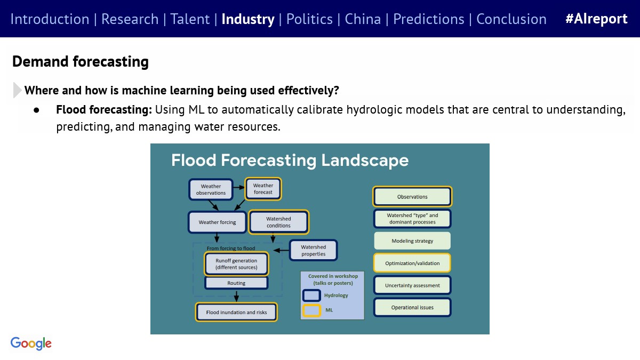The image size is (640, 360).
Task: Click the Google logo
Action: coord(31,343)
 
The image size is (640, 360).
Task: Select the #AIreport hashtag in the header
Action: coord(596,19)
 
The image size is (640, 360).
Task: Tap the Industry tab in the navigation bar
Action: coord(248,19)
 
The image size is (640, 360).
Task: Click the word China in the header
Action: coord(363,19)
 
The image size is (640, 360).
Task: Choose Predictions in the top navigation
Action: coord(429,19)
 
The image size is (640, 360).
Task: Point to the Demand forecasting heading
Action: coord(81,61)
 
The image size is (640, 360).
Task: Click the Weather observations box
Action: coord(211,189)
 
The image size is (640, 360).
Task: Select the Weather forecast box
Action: coord(263,189)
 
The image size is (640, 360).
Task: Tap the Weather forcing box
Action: coord(217,222)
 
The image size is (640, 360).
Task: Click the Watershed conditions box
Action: coord(278,222)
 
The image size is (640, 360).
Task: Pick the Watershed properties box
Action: coord(314,250)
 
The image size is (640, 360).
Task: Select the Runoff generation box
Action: coord(236,263)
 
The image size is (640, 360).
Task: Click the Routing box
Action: coord(236,283)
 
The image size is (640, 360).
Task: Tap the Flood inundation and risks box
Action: coord(236,312)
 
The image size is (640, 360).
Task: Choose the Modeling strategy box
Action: coord(412,241)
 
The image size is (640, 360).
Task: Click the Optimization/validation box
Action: coord(412,263)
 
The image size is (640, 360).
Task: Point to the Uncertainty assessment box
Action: coord(412,285)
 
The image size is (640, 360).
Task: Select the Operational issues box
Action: coord(412,307)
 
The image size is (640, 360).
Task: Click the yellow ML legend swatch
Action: coord(311,310)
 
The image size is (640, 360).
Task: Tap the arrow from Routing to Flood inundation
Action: coord(236,297)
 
